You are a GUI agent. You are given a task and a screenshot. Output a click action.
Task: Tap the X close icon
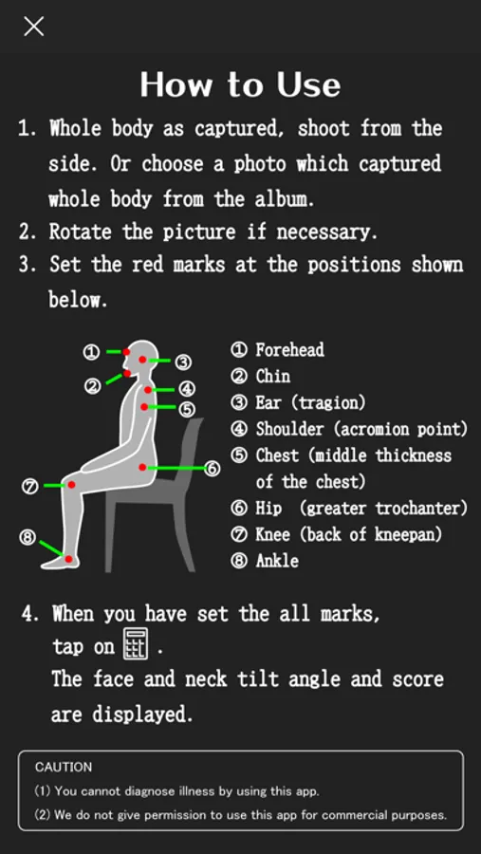pyautogui.click(x=34, y=26)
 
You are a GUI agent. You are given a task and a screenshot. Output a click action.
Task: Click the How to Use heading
pyautogui.click(x=240, y=84)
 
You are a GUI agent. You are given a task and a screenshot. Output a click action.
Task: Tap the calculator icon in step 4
pyautogui.click(x=136, y=643)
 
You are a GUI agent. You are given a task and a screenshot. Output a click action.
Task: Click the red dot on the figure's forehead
pyautogui.click(x=126, y=352)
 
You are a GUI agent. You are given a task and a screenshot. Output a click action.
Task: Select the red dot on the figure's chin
pyautogui.click(x=127, y=373)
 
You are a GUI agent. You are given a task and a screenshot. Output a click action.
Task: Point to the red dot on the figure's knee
pyautogui.click(x=71, y=484)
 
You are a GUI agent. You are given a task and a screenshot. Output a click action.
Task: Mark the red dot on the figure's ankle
pyautogui.click(x=68, y=559)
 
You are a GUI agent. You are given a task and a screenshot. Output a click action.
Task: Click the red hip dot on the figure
pyautogui.click(x=142, y=467)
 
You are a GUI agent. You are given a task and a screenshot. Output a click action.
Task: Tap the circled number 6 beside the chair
pyautogui.click(x=213, y=469)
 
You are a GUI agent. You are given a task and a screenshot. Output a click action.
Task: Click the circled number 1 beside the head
pyautogui.click(x=91, y=352)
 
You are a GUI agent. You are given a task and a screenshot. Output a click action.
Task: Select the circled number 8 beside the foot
pyautogui.click(x=28, y=538)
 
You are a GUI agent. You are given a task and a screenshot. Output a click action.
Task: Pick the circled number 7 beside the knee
pyautogui.click(x=30, y=485)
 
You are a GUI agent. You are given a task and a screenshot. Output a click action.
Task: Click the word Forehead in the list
pyautogui.click(x=289, y=349)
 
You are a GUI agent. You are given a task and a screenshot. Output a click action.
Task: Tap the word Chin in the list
pyautogui.click(x=273, y=377)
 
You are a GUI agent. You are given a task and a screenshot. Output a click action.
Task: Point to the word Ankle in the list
pyautogui.click(x=277, y=561)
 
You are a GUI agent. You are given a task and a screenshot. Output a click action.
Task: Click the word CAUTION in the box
pyautogui.click(x=64, y=767)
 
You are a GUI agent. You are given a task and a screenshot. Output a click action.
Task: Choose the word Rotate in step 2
pyautogui.click(x=81, y=232)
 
